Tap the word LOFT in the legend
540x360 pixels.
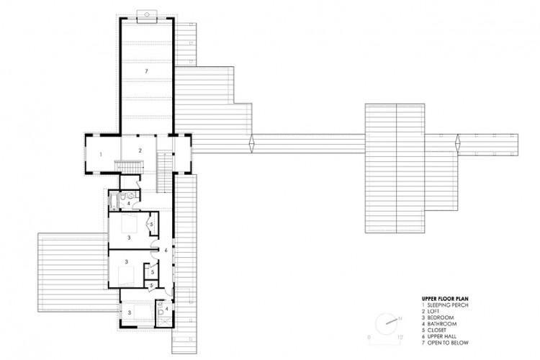433,311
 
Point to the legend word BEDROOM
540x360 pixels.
441,318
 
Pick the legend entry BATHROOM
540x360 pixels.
442,324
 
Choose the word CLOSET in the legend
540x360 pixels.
437,330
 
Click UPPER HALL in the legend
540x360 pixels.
442,336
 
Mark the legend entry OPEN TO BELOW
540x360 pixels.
448,343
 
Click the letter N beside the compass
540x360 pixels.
400,318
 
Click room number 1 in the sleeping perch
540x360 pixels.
101,155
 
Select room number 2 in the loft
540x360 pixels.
140,150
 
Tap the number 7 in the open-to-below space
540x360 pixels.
146,71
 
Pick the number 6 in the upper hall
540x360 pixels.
166,250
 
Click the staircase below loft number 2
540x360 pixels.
130,166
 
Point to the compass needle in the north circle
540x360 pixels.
392,322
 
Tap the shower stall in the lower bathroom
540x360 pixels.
161,322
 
